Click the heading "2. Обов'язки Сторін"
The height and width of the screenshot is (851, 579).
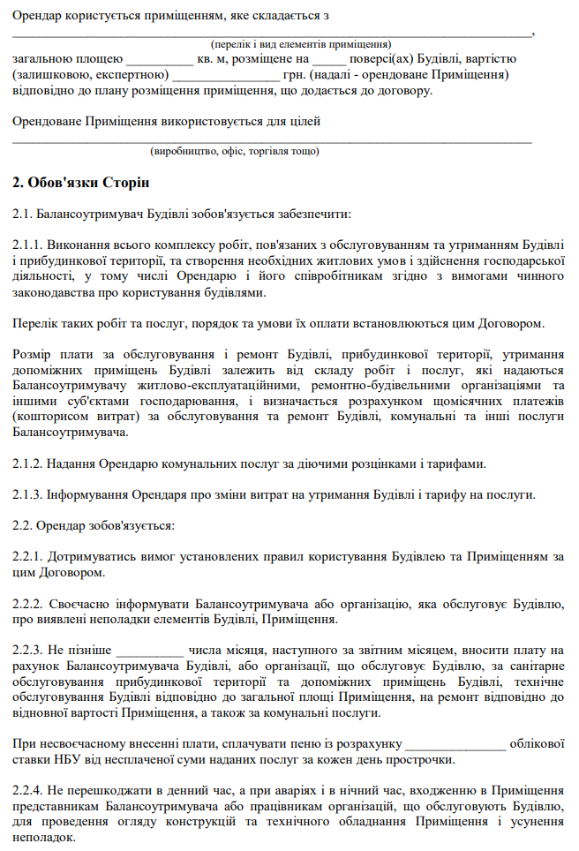pos(75,183)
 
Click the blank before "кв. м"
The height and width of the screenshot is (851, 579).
pos(160,60)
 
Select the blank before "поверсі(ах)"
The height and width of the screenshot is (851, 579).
pos(329,60)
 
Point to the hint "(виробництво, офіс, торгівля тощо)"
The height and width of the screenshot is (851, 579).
pos(235,151)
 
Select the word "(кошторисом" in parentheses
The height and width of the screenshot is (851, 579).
pos(49,417)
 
